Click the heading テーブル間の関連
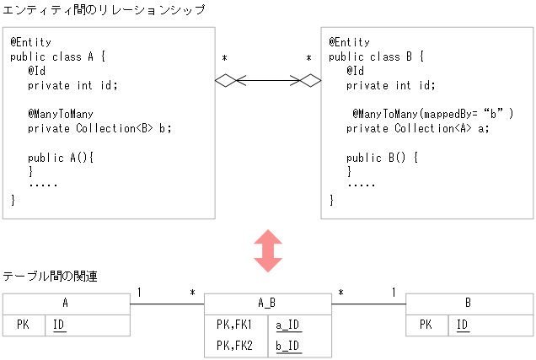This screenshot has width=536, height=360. (50, 277)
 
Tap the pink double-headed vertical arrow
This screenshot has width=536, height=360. (268, 250)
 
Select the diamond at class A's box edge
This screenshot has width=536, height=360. (225, 81)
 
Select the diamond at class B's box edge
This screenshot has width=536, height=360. (311, 81)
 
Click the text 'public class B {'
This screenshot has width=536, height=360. (376, 56)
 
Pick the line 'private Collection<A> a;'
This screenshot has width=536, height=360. (418, 128)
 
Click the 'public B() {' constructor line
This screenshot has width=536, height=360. (382, 157)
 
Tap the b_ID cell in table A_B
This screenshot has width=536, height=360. (287, 346)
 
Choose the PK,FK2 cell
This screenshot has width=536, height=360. (235, 346)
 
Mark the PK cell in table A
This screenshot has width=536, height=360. (24, 325)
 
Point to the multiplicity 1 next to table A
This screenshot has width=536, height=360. (139, 293)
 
